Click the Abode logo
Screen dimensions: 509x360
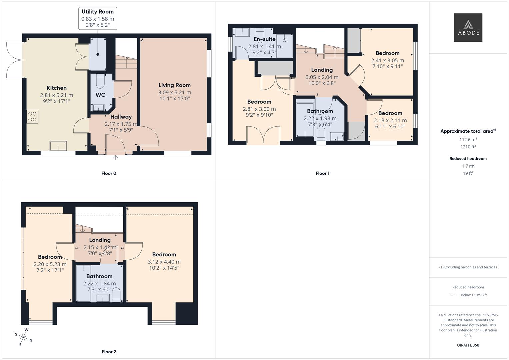[x=468, y=27]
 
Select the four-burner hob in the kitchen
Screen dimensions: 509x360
[x=32, y=117]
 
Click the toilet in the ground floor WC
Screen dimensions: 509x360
[x=100, y=82]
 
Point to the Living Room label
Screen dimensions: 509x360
[x=175, y=85]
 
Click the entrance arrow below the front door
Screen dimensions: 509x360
[x=115, y=157]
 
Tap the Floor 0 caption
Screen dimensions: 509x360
[x=109, y=173]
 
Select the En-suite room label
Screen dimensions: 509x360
[x=264, y=39]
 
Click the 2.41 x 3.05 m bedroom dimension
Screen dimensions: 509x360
[x=387, y=60]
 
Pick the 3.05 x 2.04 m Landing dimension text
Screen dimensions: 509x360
[x=322, y=77]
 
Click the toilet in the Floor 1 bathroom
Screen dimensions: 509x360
[x=321, y=133]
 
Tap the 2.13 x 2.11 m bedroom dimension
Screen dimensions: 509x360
[x=390, y=120]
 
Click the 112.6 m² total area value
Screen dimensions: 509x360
[x=468, y=140]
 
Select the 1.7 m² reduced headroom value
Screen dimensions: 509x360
[x=468, y=166]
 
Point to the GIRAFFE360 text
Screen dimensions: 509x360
[x=468, y=345]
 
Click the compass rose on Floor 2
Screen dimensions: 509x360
[x=23, y=337]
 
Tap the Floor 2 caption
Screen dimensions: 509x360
[x=109, y=352]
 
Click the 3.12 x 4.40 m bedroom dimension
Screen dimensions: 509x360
[x=164, y=262]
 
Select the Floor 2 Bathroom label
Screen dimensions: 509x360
[x=99, y=276]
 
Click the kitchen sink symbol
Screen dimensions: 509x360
[x=58, y=146]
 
